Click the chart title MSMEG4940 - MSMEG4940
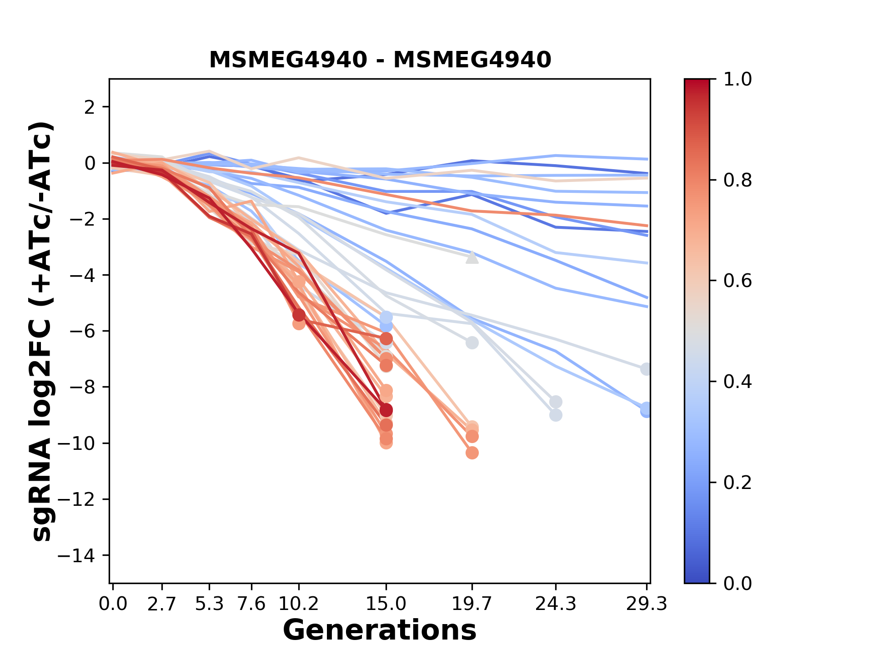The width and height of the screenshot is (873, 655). (x=380, y=60)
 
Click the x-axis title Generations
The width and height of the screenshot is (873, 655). (x=380, y=630)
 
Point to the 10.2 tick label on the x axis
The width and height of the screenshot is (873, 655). (x=298, y=604)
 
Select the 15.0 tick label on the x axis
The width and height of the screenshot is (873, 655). (x=386, y=604)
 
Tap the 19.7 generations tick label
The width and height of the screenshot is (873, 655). (x=472, y=604)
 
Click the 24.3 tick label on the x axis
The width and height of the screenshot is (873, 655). (x=556, y=604)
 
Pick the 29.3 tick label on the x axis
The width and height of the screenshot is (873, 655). (x=646, y=604)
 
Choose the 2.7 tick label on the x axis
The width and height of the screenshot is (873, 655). (x=162, y=604)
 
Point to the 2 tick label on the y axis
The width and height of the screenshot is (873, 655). (x=90, y=107)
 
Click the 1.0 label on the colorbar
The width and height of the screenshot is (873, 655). (x=738, y=80)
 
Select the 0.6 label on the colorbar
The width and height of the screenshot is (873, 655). (x=738, y=281)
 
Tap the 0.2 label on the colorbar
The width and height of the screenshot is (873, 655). (x=738, y=483)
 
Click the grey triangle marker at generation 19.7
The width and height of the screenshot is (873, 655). (x=472, y=258)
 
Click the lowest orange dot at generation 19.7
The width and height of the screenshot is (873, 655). (x=472, y=453)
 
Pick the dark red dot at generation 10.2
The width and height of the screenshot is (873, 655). (x=299, y=315)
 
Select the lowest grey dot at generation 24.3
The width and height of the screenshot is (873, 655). (x=556, y=415)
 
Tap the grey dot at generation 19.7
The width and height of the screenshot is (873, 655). (x=472, y=343)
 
